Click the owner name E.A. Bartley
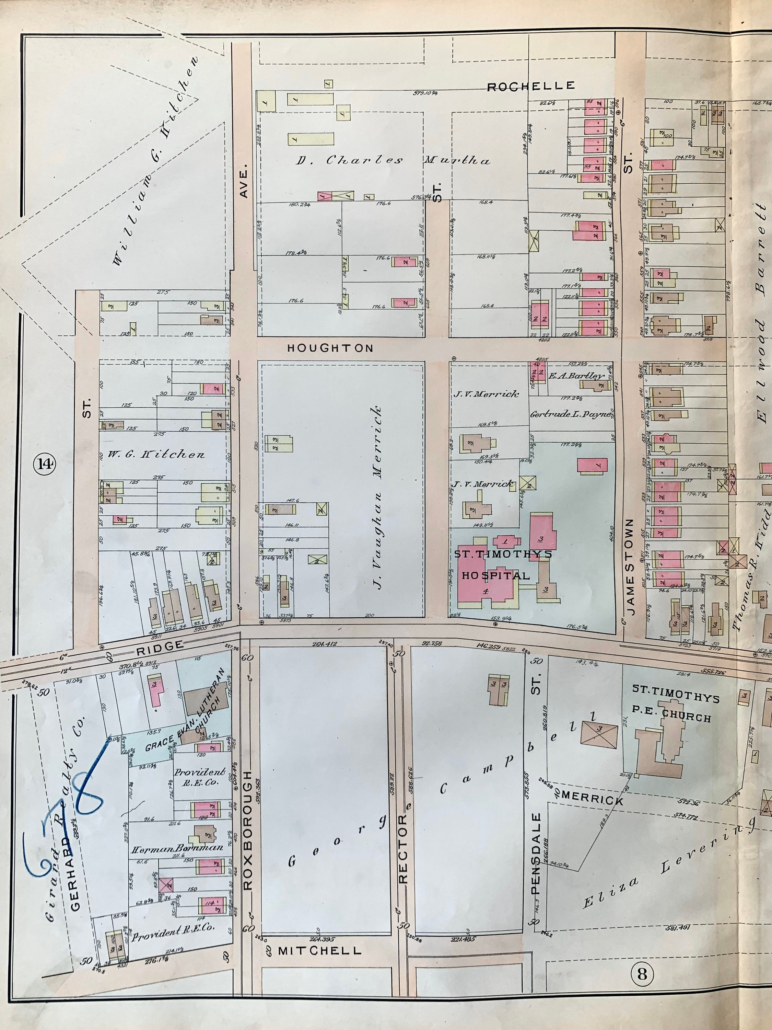[576, 376]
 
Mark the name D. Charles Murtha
[393, 161]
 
